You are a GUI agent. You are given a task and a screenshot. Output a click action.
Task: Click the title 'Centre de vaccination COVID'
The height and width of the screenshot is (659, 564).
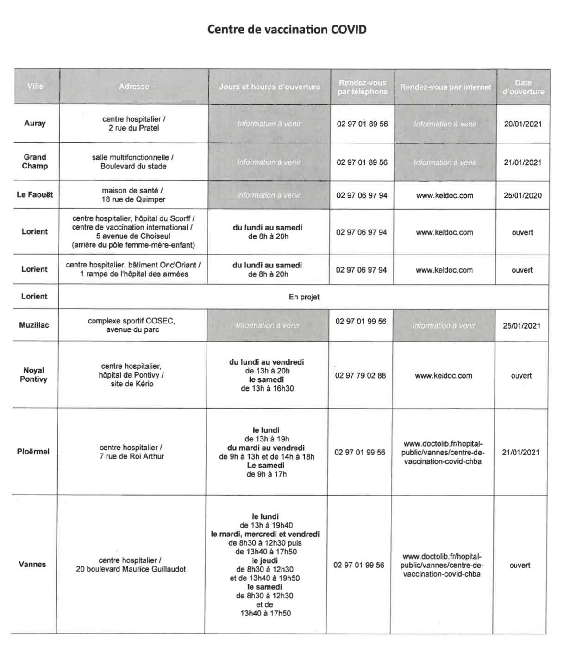coord(287,30)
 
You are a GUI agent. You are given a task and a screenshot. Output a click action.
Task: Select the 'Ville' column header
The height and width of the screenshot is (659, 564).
coord(36,86)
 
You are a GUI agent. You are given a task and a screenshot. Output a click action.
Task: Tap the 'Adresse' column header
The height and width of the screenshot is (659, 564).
coord(134,86)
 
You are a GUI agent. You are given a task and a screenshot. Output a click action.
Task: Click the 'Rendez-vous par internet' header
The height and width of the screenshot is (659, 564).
coord(445,87)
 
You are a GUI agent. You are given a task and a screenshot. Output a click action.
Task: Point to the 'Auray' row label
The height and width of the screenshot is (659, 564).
coord(35,124)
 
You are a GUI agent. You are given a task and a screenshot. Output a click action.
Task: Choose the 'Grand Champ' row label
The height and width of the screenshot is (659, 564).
coord(35,162)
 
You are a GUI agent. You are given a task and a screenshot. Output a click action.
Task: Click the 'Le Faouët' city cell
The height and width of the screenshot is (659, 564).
coord(35,195)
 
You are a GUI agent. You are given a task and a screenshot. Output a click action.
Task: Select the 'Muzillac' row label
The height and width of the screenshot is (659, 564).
coord(34,325)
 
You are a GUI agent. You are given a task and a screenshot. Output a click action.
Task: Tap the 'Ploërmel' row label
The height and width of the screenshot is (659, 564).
coord(33,452)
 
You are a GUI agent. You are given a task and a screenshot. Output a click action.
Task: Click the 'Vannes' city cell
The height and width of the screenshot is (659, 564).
coord(32,564)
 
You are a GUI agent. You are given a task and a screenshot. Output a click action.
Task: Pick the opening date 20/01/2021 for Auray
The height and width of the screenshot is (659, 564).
coord(523,124)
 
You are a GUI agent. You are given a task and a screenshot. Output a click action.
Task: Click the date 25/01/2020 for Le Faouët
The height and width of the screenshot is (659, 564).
coord(522,195)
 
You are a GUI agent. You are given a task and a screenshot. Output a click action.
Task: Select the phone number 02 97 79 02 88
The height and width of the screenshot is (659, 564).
coord(360,375)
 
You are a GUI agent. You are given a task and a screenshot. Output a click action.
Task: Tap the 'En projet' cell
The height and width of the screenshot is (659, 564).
coord(304,297)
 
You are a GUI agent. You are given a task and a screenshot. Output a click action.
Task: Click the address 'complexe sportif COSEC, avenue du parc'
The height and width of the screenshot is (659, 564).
coord(132,325)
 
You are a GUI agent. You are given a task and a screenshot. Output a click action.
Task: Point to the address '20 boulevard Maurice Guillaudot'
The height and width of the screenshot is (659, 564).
coord(131,569)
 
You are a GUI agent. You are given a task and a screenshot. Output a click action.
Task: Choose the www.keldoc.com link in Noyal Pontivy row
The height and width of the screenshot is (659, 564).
coord(444,376)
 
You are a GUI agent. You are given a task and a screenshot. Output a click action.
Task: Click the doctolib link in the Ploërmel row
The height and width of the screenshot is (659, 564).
coord(443,453)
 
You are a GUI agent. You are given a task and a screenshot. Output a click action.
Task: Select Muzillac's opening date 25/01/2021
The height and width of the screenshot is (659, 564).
coord(521,325)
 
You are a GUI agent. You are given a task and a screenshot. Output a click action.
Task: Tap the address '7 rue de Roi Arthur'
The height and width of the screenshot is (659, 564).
coord(132,456)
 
